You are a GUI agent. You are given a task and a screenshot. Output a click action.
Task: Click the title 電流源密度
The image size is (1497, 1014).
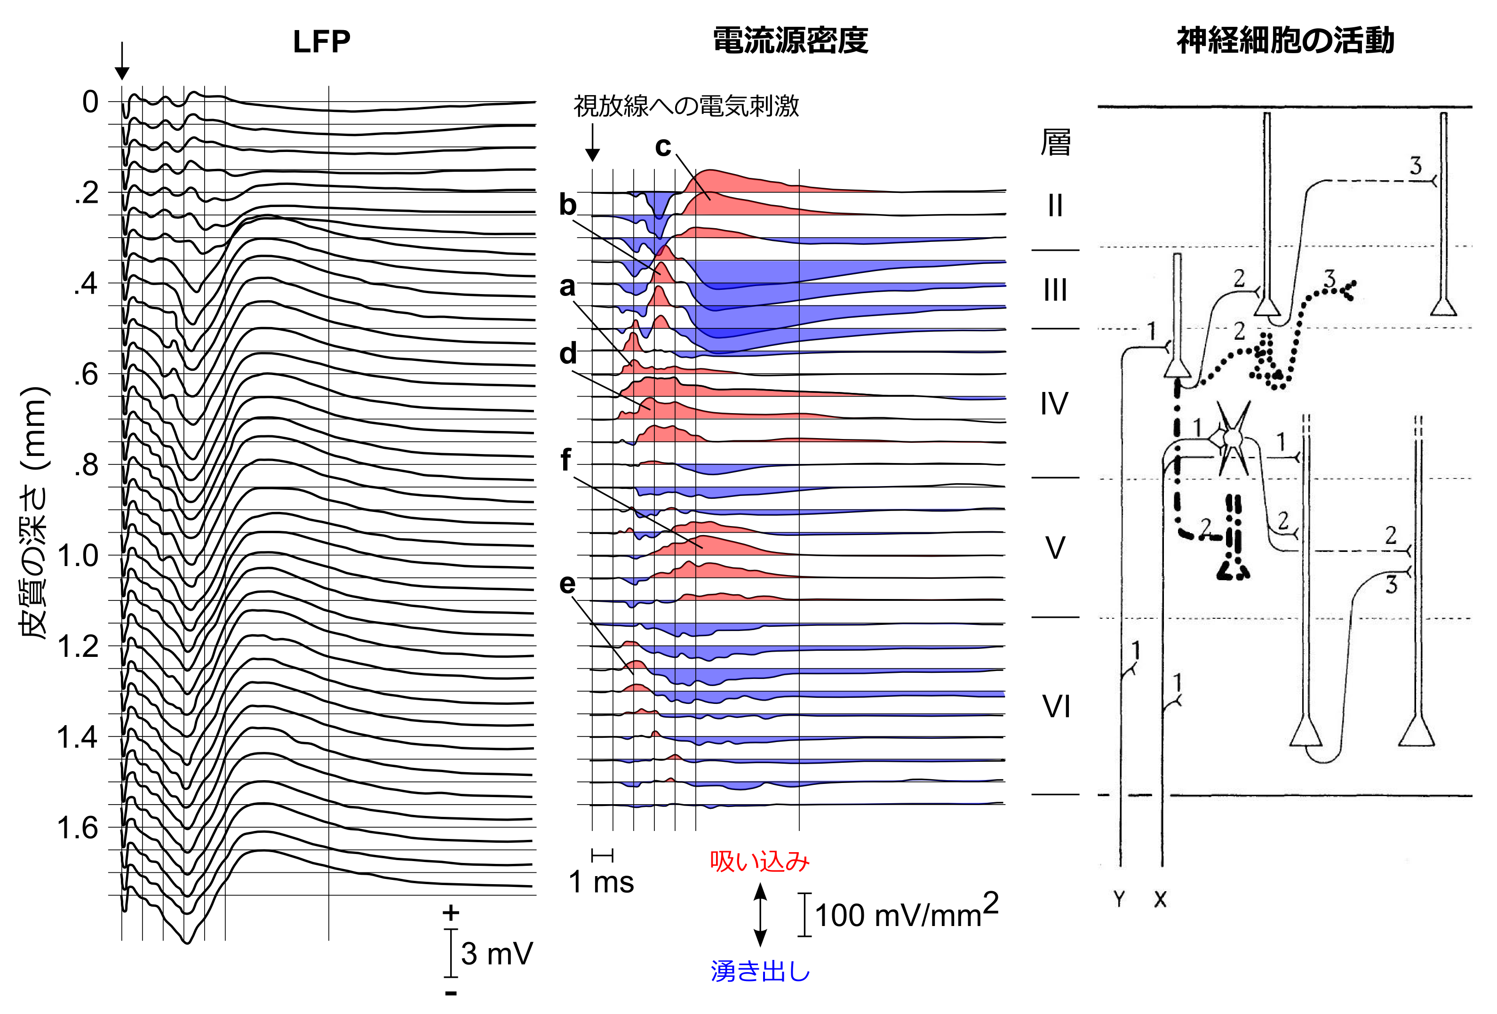pos(790,40)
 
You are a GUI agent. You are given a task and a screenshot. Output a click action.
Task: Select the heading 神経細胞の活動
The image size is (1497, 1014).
pos(1285,40)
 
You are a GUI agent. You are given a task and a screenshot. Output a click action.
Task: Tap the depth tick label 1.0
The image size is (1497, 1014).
pos(78,555)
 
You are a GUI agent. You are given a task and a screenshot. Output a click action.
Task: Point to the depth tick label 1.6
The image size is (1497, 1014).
pos(78,828)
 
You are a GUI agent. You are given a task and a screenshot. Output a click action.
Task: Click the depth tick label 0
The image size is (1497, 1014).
pos(90,102)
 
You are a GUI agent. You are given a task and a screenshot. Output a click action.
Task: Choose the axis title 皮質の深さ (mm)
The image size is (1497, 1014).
pos(33,512)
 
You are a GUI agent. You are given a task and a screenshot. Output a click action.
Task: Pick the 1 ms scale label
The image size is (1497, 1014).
pos(601,882)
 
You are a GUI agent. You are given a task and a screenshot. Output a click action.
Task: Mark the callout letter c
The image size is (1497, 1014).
pos(663,147)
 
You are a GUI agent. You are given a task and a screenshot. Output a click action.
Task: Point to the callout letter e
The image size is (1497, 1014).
pos(567,583)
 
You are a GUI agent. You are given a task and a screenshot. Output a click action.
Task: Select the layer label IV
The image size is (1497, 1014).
pos(1054,404)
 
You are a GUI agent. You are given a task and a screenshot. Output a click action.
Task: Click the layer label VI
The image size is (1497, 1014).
pos(1056,707)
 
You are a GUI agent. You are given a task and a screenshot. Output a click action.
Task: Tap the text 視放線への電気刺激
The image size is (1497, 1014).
pos(686,106)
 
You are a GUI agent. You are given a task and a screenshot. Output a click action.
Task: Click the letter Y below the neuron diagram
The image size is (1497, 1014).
pos(1119,899)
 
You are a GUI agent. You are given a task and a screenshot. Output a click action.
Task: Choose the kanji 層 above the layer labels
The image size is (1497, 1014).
pos(1055,143)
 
